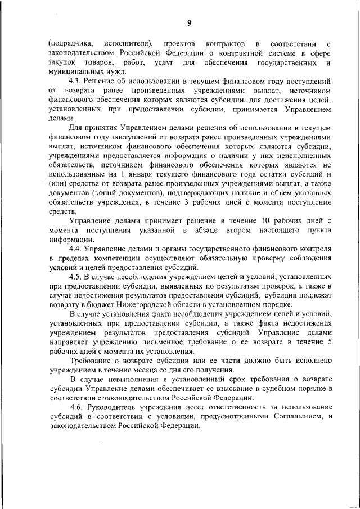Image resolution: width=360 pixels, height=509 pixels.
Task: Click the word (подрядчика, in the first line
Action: [69, 43]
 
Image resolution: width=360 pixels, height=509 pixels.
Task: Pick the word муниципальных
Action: [74, 71]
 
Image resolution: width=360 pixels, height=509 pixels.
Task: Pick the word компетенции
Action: [112, 258]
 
